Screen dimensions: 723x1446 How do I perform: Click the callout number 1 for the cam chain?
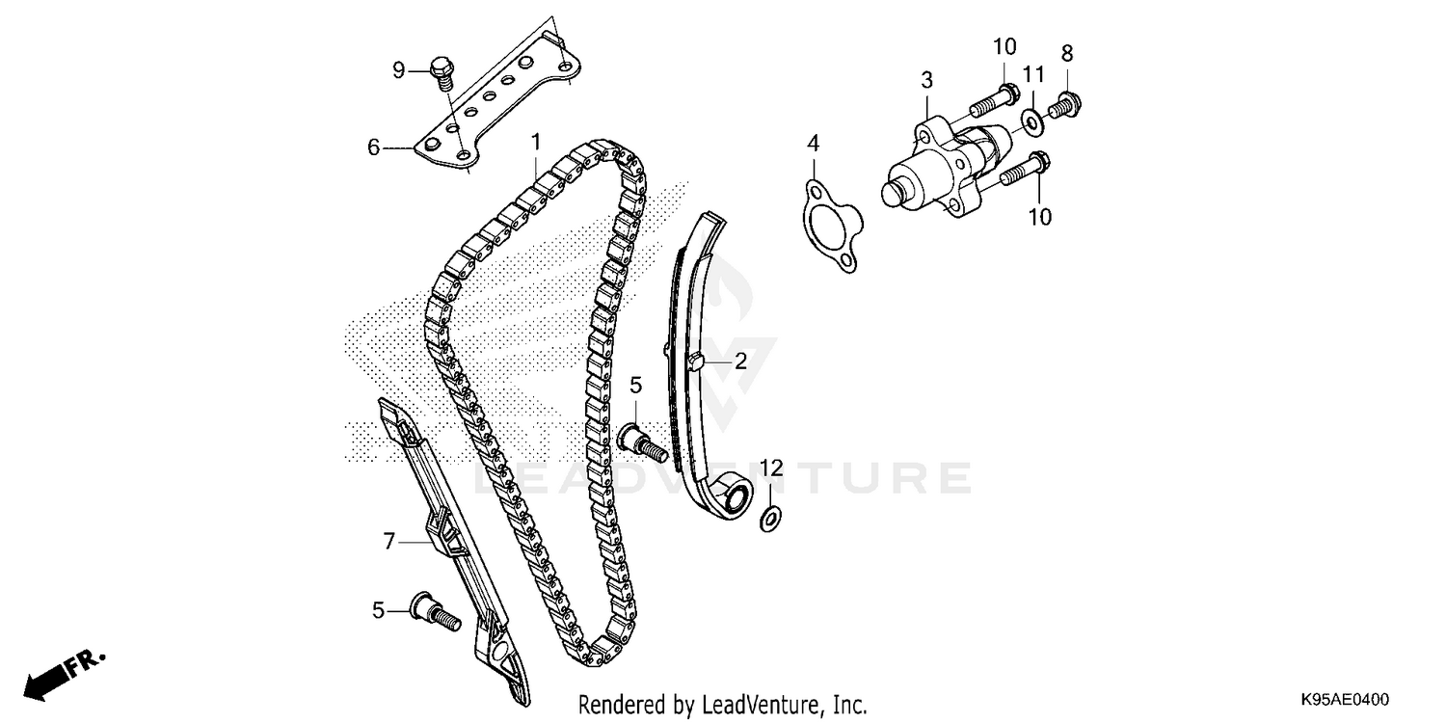click(536, 144)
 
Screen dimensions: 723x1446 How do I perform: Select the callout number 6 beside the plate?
click(373, 147)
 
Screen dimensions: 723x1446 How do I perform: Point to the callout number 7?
click(389, 542)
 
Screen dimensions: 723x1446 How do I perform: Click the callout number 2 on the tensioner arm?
click(740, 361)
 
